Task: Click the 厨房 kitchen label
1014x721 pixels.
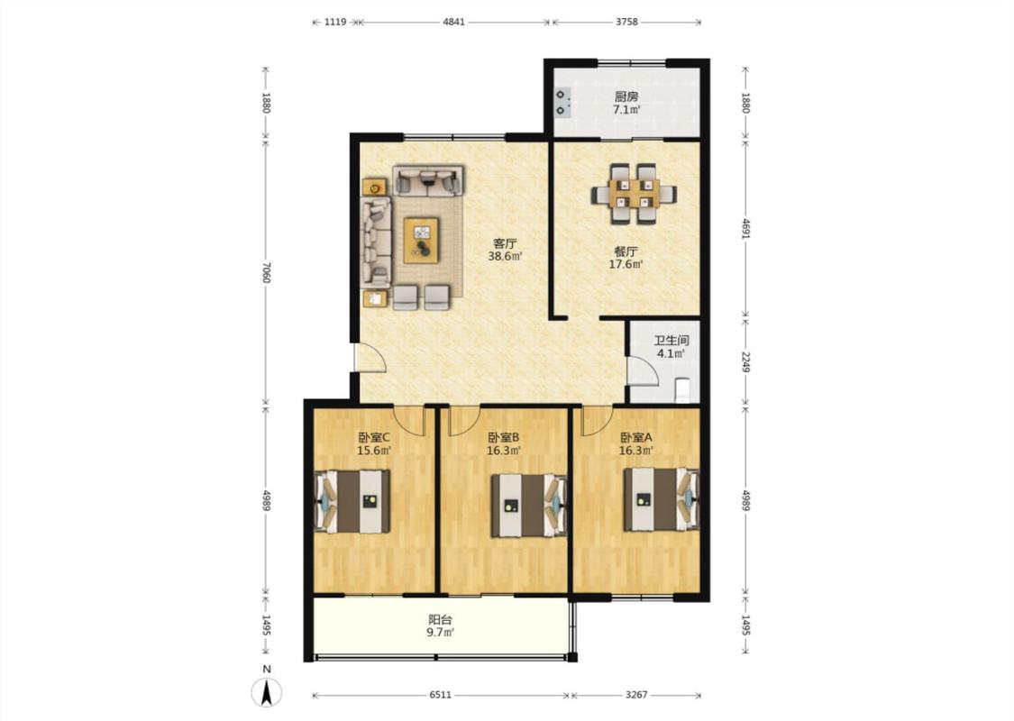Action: [626, 96]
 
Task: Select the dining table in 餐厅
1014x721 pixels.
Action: [634, 194]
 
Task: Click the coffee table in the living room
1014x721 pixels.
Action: [421, 240]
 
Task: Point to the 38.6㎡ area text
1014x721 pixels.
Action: [505, 256]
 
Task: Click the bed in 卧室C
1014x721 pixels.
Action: [352, 501]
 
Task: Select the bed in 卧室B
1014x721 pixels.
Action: [529, 506]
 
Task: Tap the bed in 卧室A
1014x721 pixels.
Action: [662, 499]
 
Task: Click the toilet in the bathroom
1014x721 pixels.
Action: [683, 391]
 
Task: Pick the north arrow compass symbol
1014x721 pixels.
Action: [267, 692]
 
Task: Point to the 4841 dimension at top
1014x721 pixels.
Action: [454, 22]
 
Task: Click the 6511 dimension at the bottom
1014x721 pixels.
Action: [441, 695]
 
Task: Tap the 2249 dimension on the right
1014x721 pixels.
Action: [745, 362]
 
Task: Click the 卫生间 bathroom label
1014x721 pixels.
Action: [671, 341]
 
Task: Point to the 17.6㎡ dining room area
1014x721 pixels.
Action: [626, 264]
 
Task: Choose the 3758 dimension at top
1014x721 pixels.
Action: [626, 22]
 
